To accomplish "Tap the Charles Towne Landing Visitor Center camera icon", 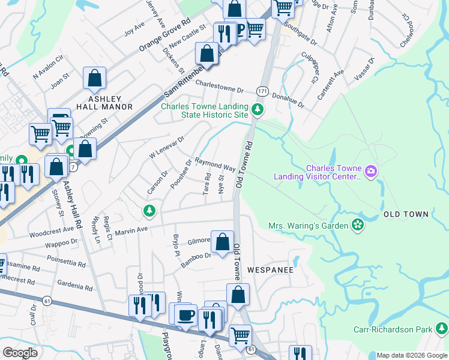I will pyautogui.click(x=371, y=172).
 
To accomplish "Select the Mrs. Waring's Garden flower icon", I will pyautogui.click(x=358, y=225).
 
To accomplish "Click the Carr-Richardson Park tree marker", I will pyautogui.click(x=442, y=329).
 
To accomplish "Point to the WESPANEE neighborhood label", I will pyautogui.click(x=270, y=270).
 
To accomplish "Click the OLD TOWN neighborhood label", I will pyautogui.click(x=406, y=214).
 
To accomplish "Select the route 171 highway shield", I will pyautogui.click(x=262, y=90).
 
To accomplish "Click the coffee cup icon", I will pyautogui.click(x=185, y=314).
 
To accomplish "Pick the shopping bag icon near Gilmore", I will pyautogui.click(x=222, y=242).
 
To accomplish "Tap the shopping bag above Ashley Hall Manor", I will pyautogui.click(x=95, y=78).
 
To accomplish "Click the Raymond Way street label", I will pyautogui.click(x=214, y=165).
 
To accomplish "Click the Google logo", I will pyautogui.click(x=20, y=353).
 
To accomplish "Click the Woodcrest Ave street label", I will pyautogui.click(x=53, y=230).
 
